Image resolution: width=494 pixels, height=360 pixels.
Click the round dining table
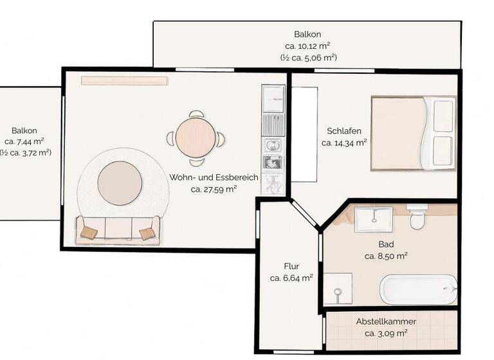[194, 138]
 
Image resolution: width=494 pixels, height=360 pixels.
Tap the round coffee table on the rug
[120, 181]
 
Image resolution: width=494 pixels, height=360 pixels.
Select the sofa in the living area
[118, 230]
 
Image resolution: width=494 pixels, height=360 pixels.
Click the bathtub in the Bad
[418, 289]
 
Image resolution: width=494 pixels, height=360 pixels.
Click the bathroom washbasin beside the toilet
[373, 218]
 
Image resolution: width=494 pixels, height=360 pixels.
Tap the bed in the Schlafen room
[414, 133]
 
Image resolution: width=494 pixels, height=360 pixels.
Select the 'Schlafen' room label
[343, 131]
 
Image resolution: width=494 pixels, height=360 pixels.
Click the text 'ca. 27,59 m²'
[214, 189]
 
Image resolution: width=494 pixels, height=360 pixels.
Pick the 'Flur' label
[291, 265]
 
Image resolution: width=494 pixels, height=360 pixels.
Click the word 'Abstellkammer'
[386, 321]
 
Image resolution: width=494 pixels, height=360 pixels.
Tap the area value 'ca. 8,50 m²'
[386, 256]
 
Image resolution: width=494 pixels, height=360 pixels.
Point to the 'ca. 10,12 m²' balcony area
[307, 46]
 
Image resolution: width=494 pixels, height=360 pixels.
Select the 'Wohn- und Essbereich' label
[214, 177]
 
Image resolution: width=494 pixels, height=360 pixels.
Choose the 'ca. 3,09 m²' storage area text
[386, 333]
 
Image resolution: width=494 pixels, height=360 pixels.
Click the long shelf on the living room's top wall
[124, 80]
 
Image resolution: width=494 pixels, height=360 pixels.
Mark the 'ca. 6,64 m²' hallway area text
[291, 278]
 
